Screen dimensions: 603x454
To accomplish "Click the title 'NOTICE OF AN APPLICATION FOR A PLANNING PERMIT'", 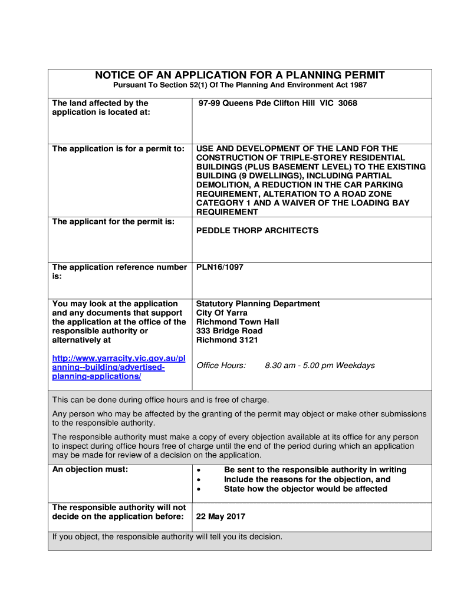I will (x=240, y=75).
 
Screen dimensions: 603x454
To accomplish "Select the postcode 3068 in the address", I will (x=347, y=104).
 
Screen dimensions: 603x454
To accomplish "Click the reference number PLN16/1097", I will (x=219, y=267).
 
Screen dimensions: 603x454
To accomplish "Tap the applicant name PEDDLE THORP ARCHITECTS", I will (x=257, y=231).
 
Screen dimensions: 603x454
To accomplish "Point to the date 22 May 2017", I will (x=221, y=517).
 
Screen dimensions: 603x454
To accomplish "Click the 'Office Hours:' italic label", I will (x=221, y=366).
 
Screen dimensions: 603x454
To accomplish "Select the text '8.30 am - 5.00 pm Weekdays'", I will (x=320, y=366).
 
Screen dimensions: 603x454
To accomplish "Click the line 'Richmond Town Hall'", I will (x=238, y=322).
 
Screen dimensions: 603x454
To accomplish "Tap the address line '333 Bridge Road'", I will (x=229, y=331).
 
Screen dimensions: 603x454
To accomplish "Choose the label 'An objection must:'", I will (x=90, y=470).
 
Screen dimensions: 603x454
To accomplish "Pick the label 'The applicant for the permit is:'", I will (x=113, y=222).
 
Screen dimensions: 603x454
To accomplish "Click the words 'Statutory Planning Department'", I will (x=258, y=304).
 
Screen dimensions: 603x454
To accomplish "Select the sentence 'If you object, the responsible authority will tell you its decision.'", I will (x=167, y=537).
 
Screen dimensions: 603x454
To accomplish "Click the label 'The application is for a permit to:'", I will (x=119, y=149).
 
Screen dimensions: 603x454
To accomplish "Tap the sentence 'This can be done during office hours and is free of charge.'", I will (x=161, y=400).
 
